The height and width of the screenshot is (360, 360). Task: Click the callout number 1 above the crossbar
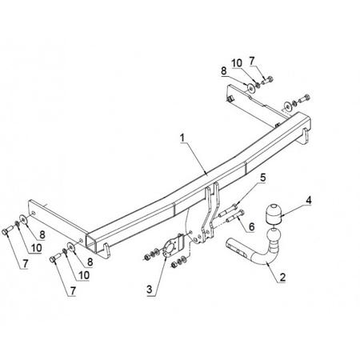[x=182, y=138]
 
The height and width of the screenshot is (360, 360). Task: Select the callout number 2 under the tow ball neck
[x=282, y=278]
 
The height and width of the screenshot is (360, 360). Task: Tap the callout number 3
[x=150, y=290]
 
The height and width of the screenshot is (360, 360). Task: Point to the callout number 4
[x=308, y=200]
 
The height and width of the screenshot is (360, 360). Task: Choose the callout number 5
[x=263, y=178]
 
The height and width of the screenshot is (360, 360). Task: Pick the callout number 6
[x=251, y=226]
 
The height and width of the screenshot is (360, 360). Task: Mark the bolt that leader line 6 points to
[x=235, y=216]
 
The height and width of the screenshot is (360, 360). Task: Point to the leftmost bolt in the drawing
[x=7, y=230]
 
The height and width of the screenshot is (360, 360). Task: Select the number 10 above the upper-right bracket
[x=237, y=63]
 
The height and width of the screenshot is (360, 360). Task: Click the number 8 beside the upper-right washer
[x=224, y=71]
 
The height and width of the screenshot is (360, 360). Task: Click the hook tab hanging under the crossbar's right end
[x=306, y=136]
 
